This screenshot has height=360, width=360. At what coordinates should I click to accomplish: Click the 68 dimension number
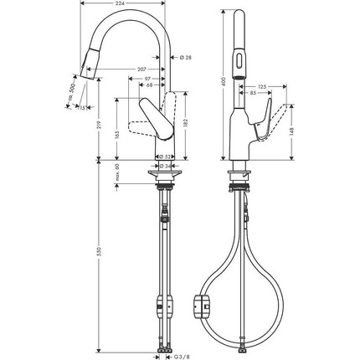click(x=149, y=85)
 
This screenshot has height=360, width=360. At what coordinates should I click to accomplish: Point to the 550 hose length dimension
click(x=100, y=259)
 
